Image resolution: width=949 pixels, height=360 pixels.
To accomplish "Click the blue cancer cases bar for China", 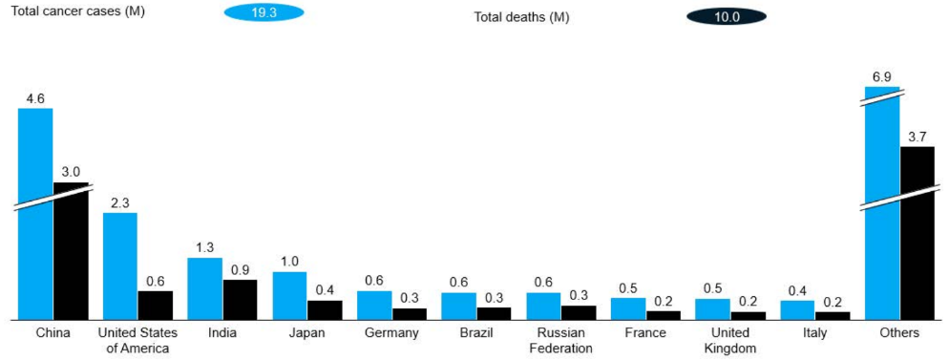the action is click(35, 214).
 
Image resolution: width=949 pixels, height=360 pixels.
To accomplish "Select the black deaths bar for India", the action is click(241, 300).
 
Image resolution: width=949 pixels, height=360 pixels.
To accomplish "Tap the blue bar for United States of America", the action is click(120, 265).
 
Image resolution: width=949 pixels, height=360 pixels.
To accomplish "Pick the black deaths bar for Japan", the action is click(325, 309).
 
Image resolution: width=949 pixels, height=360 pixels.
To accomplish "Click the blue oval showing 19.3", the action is click(264, 12).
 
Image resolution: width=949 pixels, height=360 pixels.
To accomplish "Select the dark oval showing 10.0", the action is click(727, 16).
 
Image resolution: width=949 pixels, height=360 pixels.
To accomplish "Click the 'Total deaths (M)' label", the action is click(521, 17).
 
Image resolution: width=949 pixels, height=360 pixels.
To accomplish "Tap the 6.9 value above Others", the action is click(882, 77).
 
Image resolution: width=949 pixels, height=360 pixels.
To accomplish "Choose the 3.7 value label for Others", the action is click(917, 138).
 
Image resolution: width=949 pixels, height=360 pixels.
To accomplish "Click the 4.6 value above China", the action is click(35, 99).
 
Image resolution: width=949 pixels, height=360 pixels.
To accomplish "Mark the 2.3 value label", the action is click(120, 203).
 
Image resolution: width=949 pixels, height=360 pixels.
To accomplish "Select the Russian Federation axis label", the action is click(560, 341).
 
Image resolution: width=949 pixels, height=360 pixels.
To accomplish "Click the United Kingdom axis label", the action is click(730, 341).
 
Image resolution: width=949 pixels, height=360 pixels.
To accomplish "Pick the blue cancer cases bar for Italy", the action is click(798, 309).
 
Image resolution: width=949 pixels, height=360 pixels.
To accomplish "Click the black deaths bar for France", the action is click(664, 315).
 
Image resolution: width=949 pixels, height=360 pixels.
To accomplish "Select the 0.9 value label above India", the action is click(241, 270).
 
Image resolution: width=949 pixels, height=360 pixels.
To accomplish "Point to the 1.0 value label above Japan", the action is click(289, 263).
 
